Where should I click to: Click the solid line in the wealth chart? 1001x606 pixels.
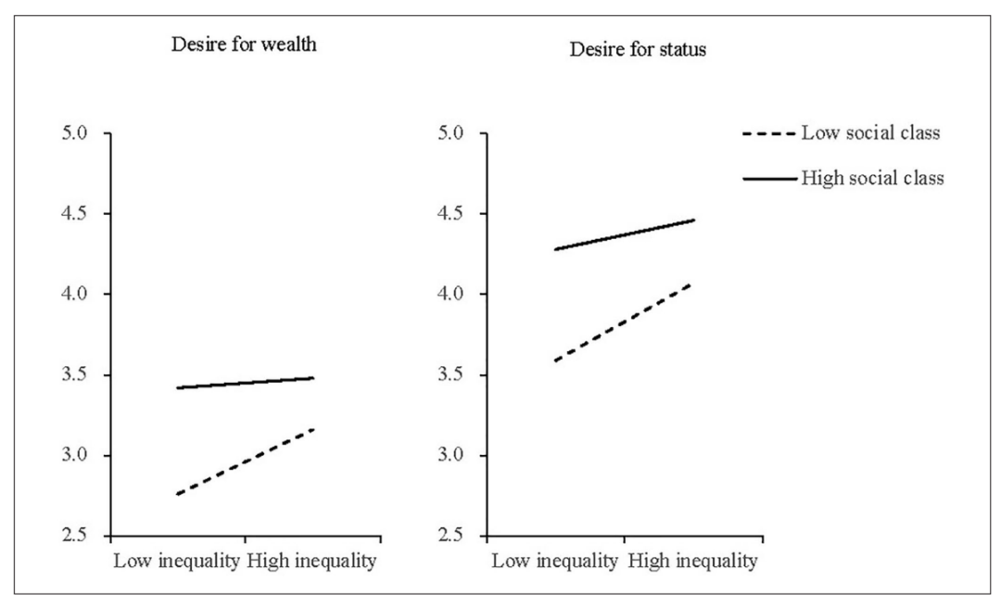245,383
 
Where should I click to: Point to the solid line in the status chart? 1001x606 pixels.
623,234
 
